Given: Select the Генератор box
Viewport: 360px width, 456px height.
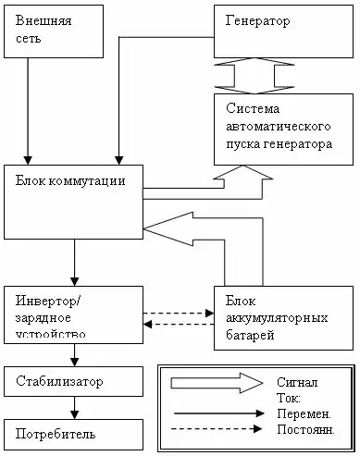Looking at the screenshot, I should [281, 29].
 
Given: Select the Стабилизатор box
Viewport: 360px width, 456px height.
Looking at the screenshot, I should [73, 380].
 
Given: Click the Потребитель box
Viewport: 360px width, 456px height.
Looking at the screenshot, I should [73, 432].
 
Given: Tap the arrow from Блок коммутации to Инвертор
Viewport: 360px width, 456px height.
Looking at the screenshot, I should [74, 263].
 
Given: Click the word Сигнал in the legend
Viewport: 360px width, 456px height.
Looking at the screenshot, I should [297, 382].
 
